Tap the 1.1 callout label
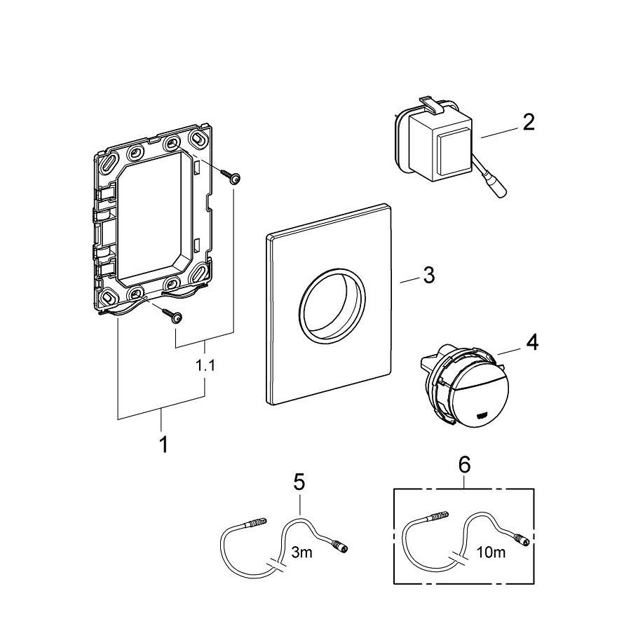pos(205,366)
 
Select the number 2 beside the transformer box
pos(528,121)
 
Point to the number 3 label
pos(428,275)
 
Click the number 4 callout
pos(532,343)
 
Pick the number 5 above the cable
pos(299,482)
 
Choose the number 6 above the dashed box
pos(465,464)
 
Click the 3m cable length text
pos(301,553)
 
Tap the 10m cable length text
pos(489,553)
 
